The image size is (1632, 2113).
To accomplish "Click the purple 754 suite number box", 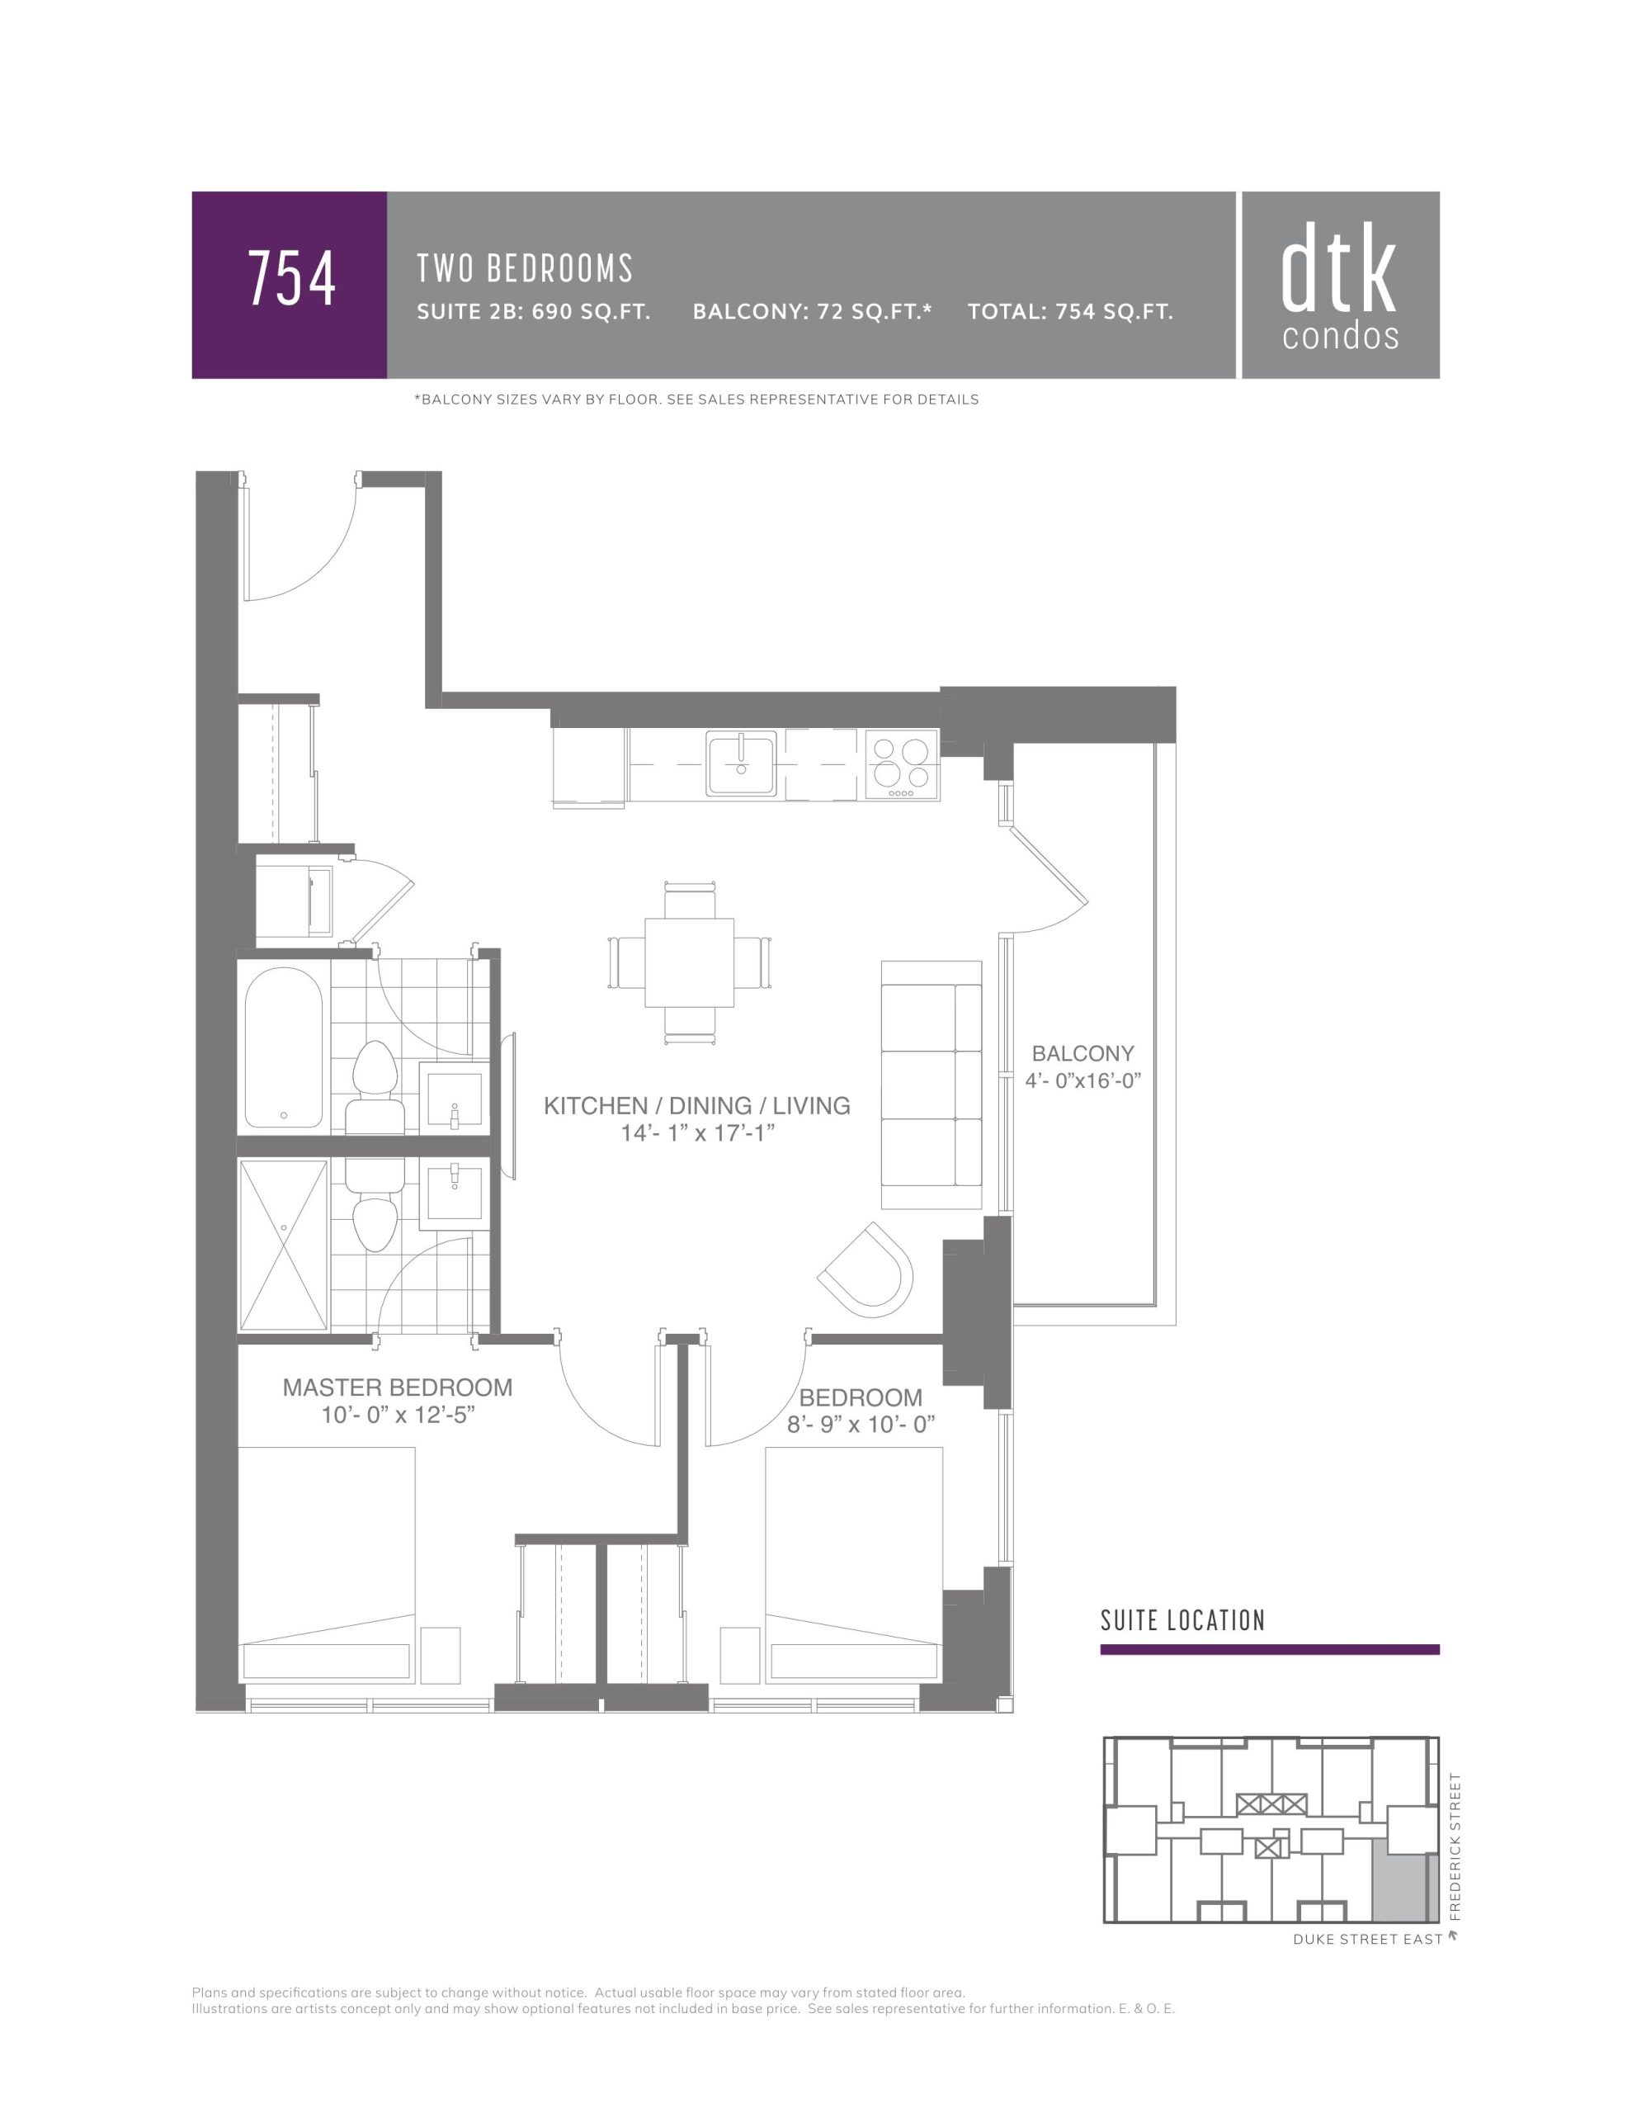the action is (290, 285).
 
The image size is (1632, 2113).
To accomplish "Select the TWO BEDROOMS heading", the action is (524, 269).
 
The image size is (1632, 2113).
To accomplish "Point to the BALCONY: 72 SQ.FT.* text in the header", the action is (812, 311).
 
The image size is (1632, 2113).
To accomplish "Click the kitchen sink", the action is (741, 763).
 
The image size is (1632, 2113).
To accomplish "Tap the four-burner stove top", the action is (902, 764).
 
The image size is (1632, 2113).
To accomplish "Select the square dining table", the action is (689, 962).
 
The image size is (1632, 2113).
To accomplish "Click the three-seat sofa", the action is (932, 1085).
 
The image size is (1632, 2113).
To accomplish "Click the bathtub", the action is (284, 1047).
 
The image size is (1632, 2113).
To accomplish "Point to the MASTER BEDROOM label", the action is (398, 1387).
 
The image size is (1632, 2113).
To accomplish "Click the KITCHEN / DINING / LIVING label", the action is (696, 1106).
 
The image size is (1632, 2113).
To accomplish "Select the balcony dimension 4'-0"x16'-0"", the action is (1083, 1080).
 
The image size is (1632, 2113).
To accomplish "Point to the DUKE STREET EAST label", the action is (1367, 1940).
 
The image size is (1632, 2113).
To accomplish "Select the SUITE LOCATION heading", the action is (1182, 1620).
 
